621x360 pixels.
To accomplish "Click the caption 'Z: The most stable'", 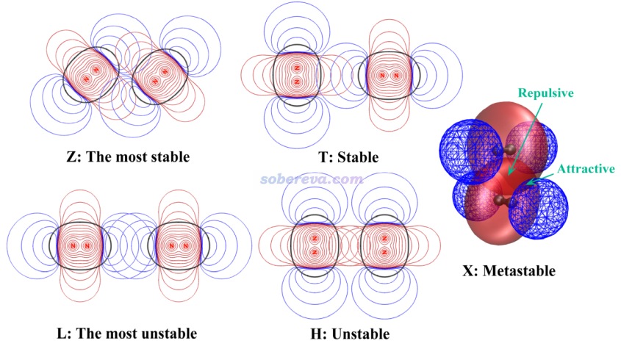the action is point(129,156).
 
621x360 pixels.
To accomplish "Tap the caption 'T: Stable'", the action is point(348,157).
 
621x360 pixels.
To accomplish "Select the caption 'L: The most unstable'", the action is point(127,334).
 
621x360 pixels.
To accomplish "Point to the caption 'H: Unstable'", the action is point(350,334).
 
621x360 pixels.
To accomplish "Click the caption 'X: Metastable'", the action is point(509,271).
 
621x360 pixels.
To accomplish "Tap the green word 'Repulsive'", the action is point(546,93).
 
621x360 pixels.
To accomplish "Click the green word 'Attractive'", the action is point(586,169).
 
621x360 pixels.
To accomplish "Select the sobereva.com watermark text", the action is point(312,179).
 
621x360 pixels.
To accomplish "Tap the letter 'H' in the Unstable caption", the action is point(317,334).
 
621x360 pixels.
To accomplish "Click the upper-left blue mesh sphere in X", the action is point(467,151).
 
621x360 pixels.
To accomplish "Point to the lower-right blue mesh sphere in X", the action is point(539,209).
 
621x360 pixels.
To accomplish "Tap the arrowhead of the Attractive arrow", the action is point(530,182).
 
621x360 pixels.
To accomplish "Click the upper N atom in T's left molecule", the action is point(296,68).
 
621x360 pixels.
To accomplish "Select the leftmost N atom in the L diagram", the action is point(73,246).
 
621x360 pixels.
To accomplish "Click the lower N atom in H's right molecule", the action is point(384,252).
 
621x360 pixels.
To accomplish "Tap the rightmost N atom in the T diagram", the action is point(396,75).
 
